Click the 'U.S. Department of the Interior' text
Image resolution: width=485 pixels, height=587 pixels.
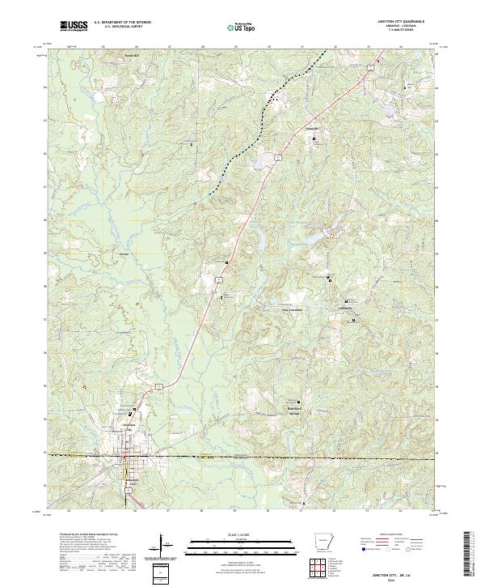click(x=122, y=22)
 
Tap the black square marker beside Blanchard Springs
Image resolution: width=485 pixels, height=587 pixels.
click(x=299, y=403)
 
